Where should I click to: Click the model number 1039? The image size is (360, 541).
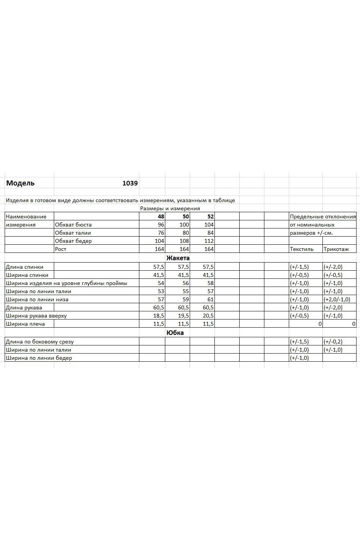pos(130,183)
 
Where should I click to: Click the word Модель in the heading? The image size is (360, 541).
pos(21,183)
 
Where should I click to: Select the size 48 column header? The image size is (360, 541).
pos(161,216)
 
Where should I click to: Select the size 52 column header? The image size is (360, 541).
pos(210,216)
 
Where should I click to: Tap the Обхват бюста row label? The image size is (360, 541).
pos(73,225)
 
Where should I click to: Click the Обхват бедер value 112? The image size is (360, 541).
pos(209,241)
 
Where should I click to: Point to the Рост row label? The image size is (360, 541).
pos(61,249)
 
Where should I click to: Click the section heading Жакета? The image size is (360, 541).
pos(178,258)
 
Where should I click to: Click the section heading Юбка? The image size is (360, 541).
pos(175,333)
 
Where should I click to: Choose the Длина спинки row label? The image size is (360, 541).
pos(24,267)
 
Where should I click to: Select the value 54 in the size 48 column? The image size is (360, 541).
pos(161,283)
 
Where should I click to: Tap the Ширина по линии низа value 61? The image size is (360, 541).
pos(210,299)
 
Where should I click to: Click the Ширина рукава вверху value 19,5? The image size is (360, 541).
pos(183,316)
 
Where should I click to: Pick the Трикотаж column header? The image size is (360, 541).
pos(336,249)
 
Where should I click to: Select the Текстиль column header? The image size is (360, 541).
pos(302,249)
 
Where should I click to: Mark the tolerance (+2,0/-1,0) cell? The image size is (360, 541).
pos(337,299)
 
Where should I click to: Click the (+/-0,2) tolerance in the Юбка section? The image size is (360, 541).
pos(333,342)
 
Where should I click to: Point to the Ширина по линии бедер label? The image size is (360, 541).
pos(39,358)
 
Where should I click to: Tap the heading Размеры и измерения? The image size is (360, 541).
pos(170,208)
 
